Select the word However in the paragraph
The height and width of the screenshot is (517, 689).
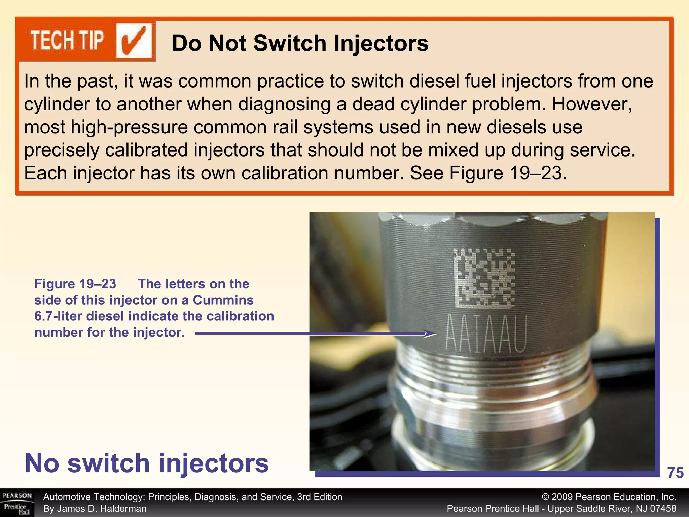[x=592, y=104]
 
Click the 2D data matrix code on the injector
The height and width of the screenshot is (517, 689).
[x=483, y=278]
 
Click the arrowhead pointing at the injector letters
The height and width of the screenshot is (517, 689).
[x=431, y=334]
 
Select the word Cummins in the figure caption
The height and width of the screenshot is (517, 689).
[x=223, y=300]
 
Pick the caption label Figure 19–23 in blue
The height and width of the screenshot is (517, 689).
[x=75, y=284]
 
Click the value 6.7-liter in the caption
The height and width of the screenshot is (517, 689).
[x=58, y=316]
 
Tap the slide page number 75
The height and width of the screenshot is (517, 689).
[x=675, y=473]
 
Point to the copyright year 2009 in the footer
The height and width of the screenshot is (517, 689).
[x=562, y=497]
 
